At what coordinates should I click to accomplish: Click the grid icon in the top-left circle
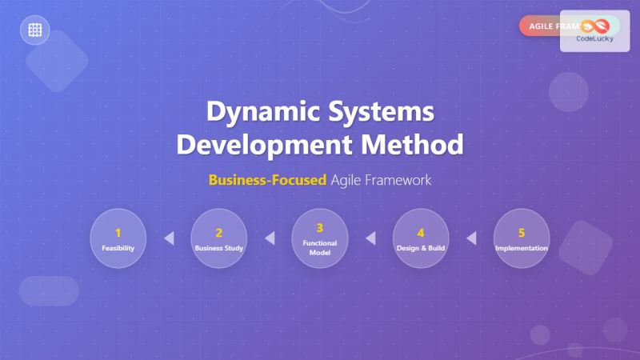tap(35, 30)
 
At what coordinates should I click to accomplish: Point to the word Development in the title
tap(262, 146)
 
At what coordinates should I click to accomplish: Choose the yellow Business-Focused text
tap(267, 180)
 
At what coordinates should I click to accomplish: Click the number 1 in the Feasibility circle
tap(118, 233)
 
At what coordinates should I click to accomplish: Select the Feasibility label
tap(118, 248)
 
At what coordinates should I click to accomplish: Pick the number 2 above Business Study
tap(218, 233)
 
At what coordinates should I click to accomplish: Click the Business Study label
tap(218, 248)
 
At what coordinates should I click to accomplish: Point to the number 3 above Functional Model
tap(319, 227)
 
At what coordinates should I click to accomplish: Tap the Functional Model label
tap(319, 247)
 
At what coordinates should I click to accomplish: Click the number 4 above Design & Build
tap(420, 233)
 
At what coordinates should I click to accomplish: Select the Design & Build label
tap(420, 248)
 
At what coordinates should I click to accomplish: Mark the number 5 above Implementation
tap(521, 233)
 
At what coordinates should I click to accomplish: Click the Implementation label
tap(521, 248)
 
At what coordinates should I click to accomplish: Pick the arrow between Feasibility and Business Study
tap(168, 238)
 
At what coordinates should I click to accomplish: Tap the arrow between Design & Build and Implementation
tap(470, 238)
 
